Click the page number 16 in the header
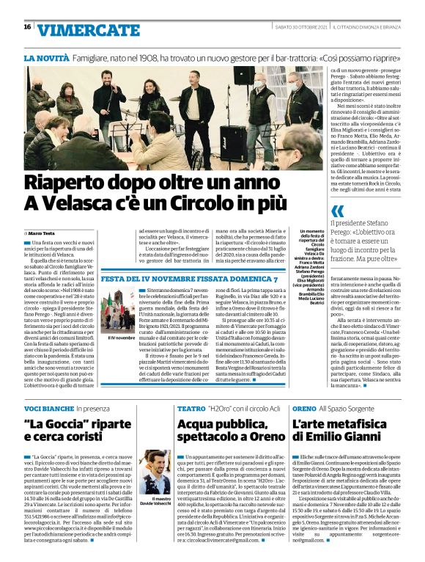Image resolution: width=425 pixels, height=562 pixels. coord(27,27)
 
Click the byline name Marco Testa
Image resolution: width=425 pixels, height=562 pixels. coord(43,232)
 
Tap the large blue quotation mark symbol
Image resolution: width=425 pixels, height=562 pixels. coord(337,211)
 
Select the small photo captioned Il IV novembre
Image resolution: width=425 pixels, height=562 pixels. coord(120,311)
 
